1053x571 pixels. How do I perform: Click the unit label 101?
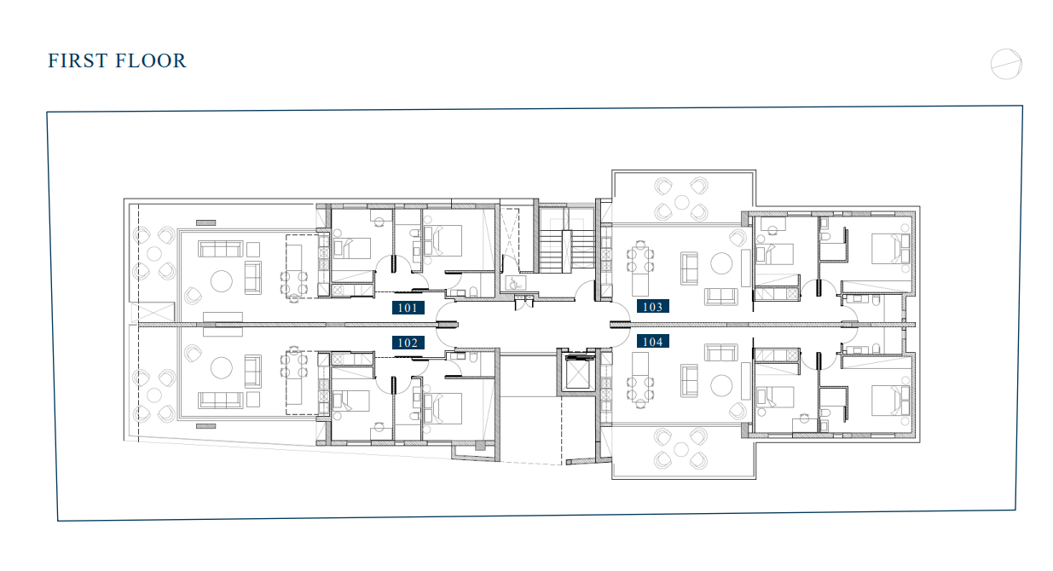pos(408,308)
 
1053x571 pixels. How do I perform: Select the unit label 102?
pos(408,343)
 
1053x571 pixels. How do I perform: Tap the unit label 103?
pos(653,307)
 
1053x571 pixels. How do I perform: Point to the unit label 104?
pos(653,341)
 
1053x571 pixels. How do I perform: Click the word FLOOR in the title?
pos(151,61)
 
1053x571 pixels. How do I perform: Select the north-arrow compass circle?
pos(1006,65)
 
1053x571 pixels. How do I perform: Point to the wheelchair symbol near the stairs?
pos(516,283)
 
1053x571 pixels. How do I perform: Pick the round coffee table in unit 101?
pos(221,281)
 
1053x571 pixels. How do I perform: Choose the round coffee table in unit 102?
pos(221,368)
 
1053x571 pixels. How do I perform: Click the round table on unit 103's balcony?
pos(681,203)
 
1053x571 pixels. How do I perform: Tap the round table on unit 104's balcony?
pos(681,450)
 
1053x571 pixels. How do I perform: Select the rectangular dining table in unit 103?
pos(639,262)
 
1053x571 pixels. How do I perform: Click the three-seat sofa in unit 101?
pos(221,249)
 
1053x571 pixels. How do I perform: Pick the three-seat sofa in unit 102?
pos(221,400)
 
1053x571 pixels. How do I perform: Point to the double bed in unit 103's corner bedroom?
pos(890,249)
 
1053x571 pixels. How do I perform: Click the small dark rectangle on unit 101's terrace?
pos(205,222)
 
